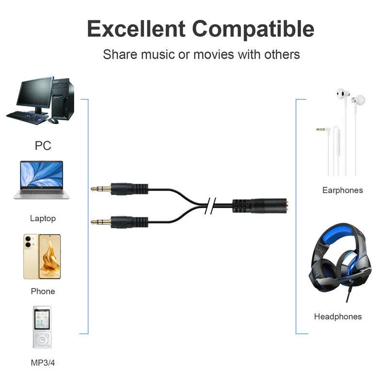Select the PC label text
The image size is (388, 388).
coord(43,145)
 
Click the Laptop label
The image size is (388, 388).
coord(43,218)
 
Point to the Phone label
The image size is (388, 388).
coord(43,291)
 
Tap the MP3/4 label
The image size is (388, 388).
coord(43,362)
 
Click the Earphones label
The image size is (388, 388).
coord(342,190)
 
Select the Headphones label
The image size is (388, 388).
coord(338,316)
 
